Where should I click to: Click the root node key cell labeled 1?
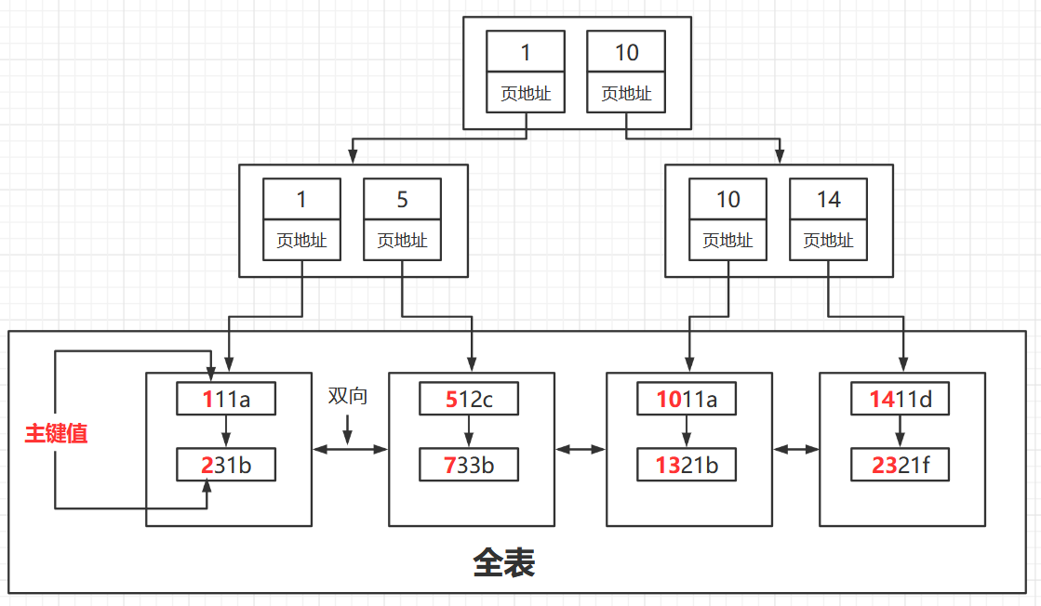coord(525,53)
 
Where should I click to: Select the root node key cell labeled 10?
coord(626,53)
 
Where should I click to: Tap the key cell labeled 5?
coord(402,200)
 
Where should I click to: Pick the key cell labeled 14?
coord(828,200)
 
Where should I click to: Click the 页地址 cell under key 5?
coord(402,241)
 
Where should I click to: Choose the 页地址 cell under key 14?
coord(828,241)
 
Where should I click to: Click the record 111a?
coord(226,400)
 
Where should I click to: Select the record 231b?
coord(226,465)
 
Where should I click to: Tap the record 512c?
coord(468,400)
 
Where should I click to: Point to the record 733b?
coord(468,465)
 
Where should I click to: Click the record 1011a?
coord(687,400)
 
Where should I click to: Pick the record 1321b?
coord(687,465)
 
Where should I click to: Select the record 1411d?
coord(900,400)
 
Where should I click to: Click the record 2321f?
coord(900,465)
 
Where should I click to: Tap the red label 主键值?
coord(56,433)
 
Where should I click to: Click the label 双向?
coord(347,396)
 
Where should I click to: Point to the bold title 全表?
coord(503,563)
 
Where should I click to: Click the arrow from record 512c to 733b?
coord(468,432)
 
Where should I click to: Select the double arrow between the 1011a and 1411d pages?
coord(795,450)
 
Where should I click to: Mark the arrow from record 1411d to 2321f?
coord(900,432)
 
